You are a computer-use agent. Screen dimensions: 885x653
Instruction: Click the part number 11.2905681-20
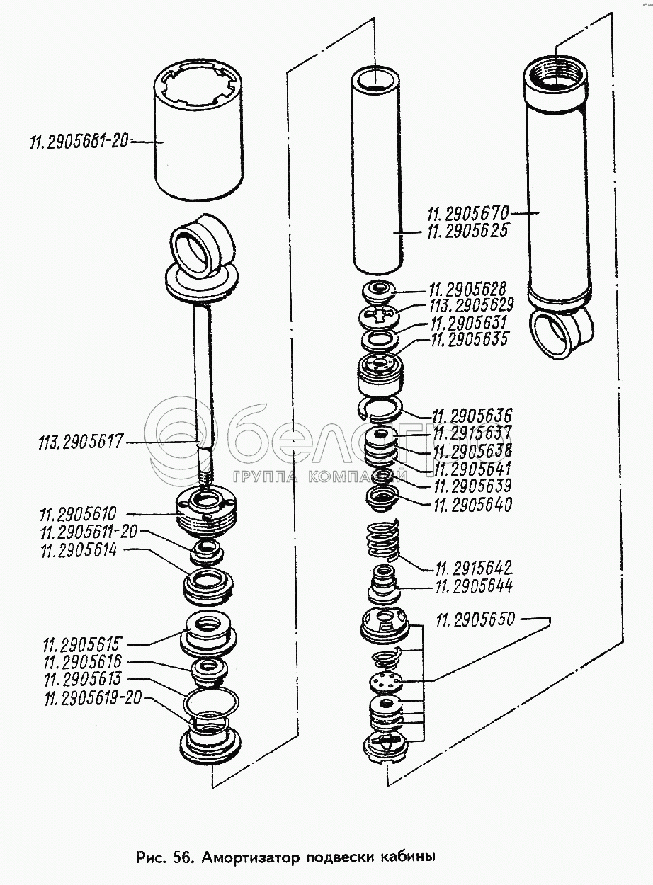[78, 142]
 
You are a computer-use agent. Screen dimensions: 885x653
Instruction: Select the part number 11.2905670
[468, 212]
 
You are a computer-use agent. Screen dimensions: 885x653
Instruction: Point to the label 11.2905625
[468, 232]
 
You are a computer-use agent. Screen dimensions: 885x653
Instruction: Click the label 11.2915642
[474, 569]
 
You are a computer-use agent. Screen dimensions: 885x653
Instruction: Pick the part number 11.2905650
[477, 621]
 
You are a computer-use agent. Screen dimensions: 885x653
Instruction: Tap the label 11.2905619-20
[93, 699]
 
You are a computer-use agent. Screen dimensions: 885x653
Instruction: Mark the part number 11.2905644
[474, 586]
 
